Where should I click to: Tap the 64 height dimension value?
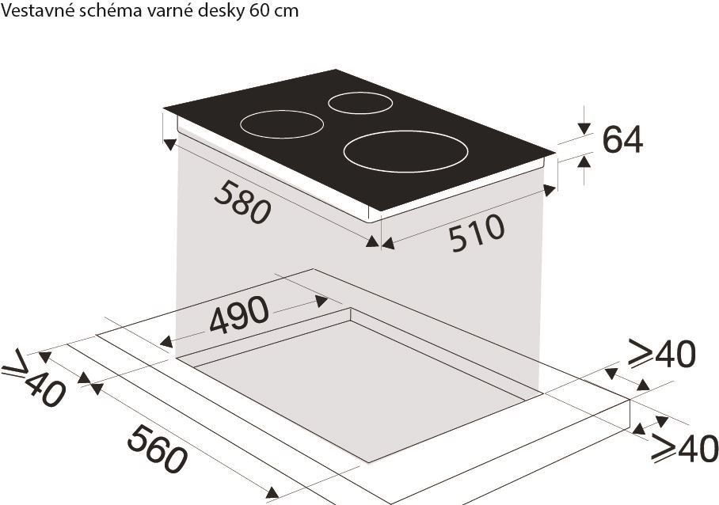click(623, 140)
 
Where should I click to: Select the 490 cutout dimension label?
click(239, 317)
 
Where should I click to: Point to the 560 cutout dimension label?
click(158, 450)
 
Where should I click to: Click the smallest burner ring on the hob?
click(360, 103)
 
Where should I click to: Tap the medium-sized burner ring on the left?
click(282, 125)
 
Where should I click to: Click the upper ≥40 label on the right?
click(662, 355)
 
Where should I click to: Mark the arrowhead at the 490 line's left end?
click(166, 342)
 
